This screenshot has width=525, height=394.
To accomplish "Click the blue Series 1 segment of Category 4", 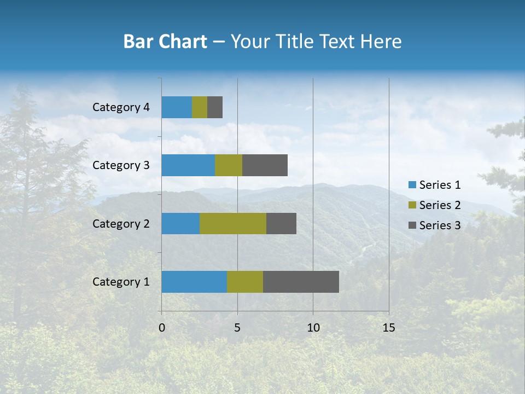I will click(177, 107).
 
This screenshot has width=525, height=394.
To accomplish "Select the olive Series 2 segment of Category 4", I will click(200, 107).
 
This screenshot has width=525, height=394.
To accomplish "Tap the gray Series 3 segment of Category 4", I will click(215, 107).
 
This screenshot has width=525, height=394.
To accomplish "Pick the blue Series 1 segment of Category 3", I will click(188, 165).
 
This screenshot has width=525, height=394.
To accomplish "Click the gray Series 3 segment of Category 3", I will click(265, 165).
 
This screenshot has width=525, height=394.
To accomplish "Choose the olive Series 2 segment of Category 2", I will click(233, 223).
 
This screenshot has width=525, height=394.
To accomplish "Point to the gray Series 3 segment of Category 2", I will click(281, 223).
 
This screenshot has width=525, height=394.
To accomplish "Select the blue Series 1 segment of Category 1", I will click(194, 282).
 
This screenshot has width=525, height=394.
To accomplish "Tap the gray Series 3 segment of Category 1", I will click(301, 282).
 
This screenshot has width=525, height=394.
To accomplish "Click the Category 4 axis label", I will click(121, 107).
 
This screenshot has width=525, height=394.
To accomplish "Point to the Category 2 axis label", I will click(121, 223).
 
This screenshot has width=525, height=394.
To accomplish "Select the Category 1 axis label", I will click(121, 282).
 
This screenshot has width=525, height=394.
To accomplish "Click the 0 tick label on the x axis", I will click(162, 328).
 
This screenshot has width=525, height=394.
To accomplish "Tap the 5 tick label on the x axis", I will click(237, 328).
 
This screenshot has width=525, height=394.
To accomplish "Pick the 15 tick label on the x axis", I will click(388, 328).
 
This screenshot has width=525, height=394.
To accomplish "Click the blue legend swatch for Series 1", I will click(412, 185).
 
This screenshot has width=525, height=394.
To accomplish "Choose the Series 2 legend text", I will click(440, 205).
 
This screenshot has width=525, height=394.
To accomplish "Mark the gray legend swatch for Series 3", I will click(412, 225).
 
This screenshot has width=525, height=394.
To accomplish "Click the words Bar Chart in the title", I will click(165, 42).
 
